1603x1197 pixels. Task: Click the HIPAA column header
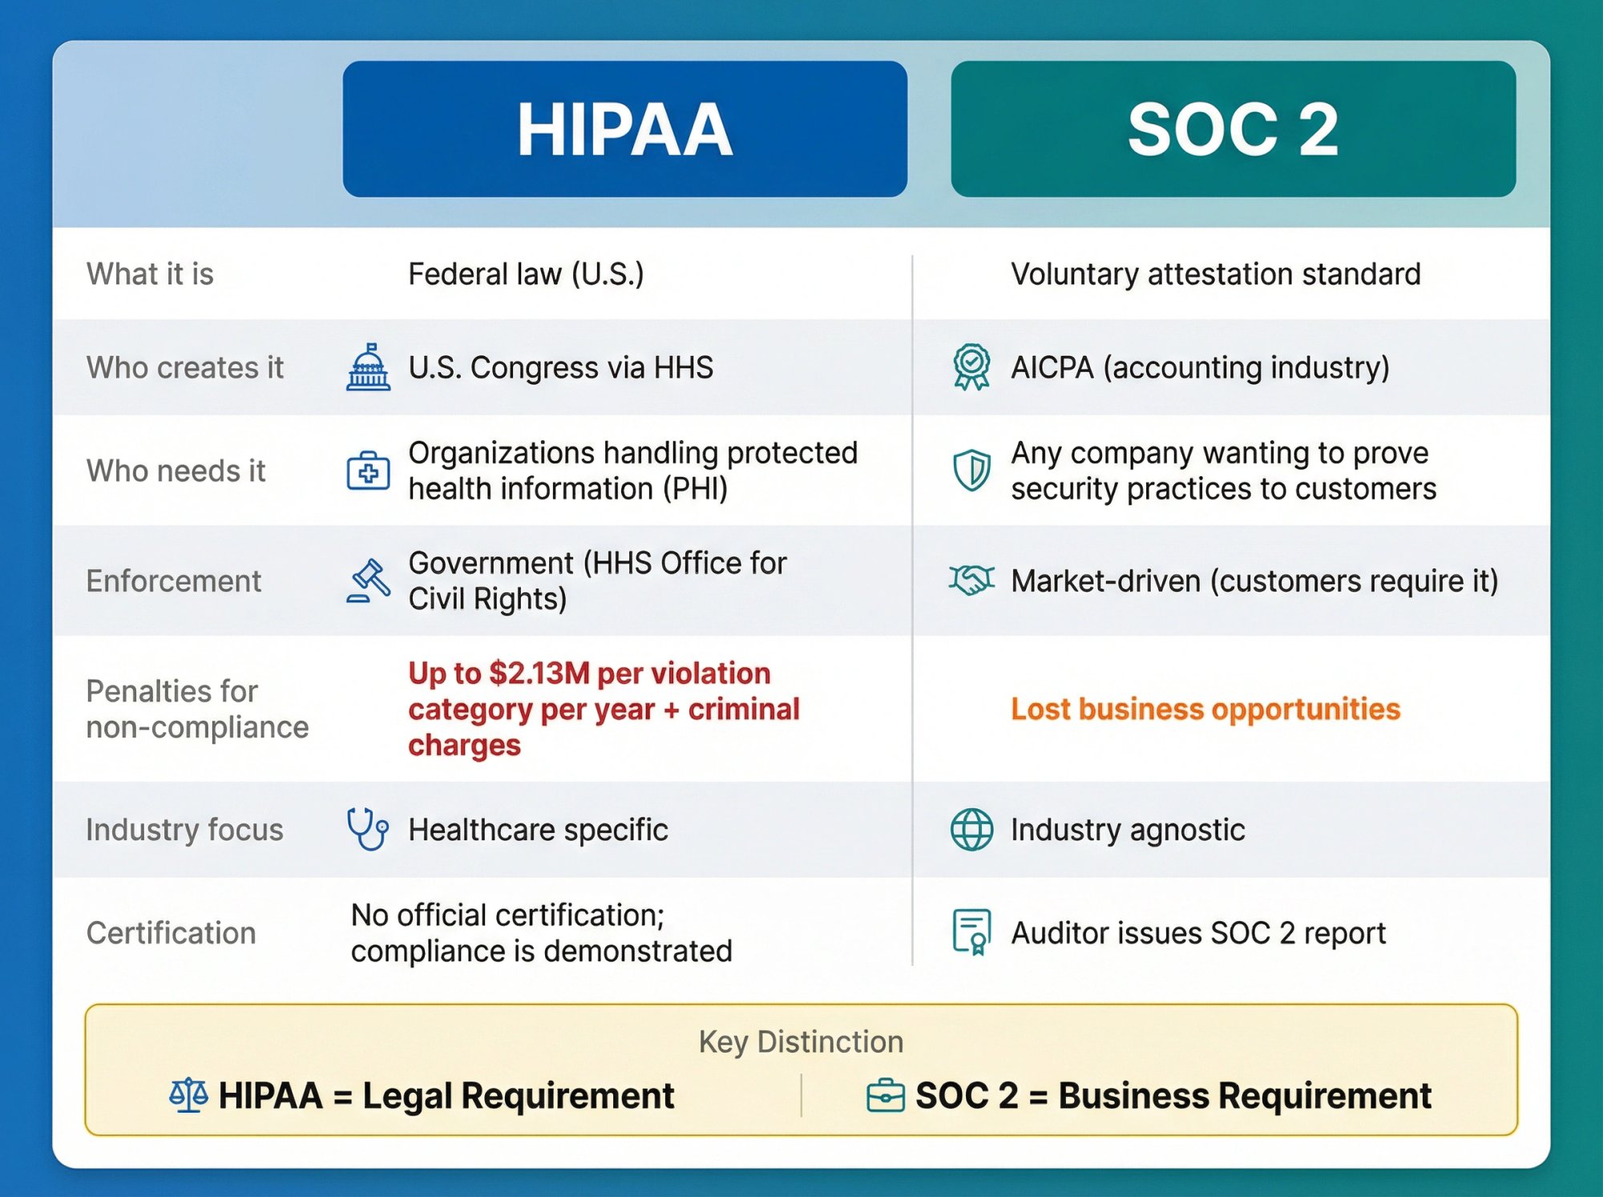coord(624,129)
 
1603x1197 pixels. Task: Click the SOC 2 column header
coord(1233,129)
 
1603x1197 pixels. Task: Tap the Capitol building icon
coord(368,367)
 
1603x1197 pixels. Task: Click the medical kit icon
coord(368,471)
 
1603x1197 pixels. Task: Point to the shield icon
coord(971,470)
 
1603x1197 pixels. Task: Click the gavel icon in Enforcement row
coord(368,580)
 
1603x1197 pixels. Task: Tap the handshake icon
coord(971,580)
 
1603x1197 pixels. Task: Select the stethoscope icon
coord(368,829)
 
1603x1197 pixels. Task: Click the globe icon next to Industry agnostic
coord(971,829)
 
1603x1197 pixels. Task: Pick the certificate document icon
coord(971,932)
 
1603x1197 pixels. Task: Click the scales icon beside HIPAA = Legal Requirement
coord(188,1095)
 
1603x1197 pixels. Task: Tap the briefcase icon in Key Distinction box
coord(886,1096)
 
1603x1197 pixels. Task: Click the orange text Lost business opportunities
coord(1205,709)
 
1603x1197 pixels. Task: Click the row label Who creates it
coord(184,367)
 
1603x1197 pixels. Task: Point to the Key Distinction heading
coord(801,1041)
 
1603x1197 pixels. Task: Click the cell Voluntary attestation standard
coord(1215,274)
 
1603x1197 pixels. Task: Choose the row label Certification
coord(171,932)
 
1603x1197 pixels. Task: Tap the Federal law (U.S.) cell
coord(526,274)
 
